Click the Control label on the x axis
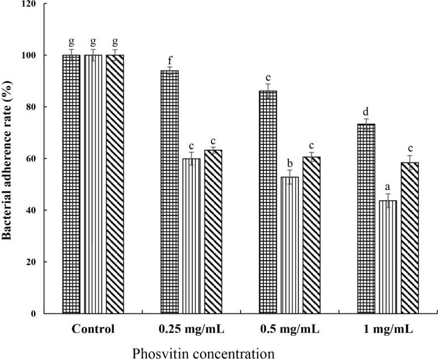(93, 329)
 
